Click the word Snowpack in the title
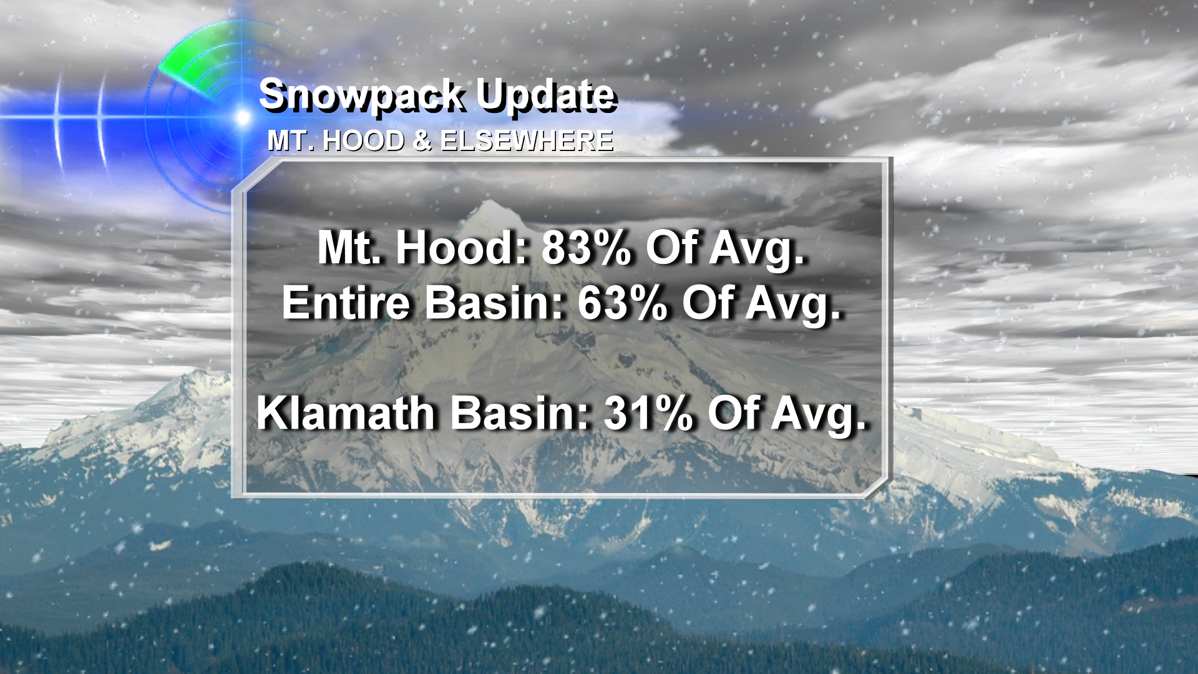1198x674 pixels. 361,96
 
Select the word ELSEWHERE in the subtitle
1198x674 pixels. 527,141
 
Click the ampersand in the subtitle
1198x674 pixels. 422,141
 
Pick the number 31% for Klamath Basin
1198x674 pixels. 648,413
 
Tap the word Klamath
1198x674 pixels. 346,413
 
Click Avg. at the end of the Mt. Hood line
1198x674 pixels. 757,250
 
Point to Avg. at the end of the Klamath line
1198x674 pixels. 819,416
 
